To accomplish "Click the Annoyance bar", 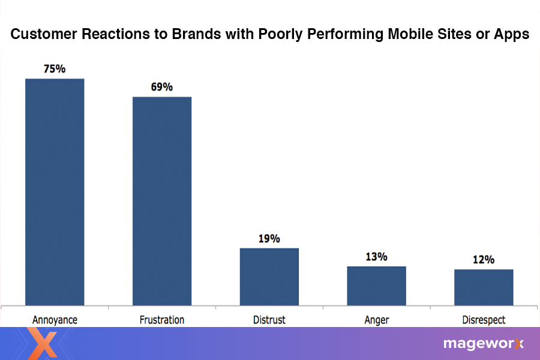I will point(54,191).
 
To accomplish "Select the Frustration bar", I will point(161,200).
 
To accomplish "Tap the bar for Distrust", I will point(269,276).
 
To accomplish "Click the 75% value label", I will point(54,69).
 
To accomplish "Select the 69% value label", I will point(161,87).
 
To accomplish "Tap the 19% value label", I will point(269,239).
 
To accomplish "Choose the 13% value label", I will point(376,257).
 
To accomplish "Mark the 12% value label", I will point(483,260).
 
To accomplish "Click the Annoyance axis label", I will point(54,319).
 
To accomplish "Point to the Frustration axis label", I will point(161,319).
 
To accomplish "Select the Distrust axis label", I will point(269,319).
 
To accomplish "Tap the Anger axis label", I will point(376,319).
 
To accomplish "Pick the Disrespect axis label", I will point(484,319).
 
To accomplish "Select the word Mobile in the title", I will point(394,35).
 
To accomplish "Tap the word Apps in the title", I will point(511,35).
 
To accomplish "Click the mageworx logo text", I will point(483,344).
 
